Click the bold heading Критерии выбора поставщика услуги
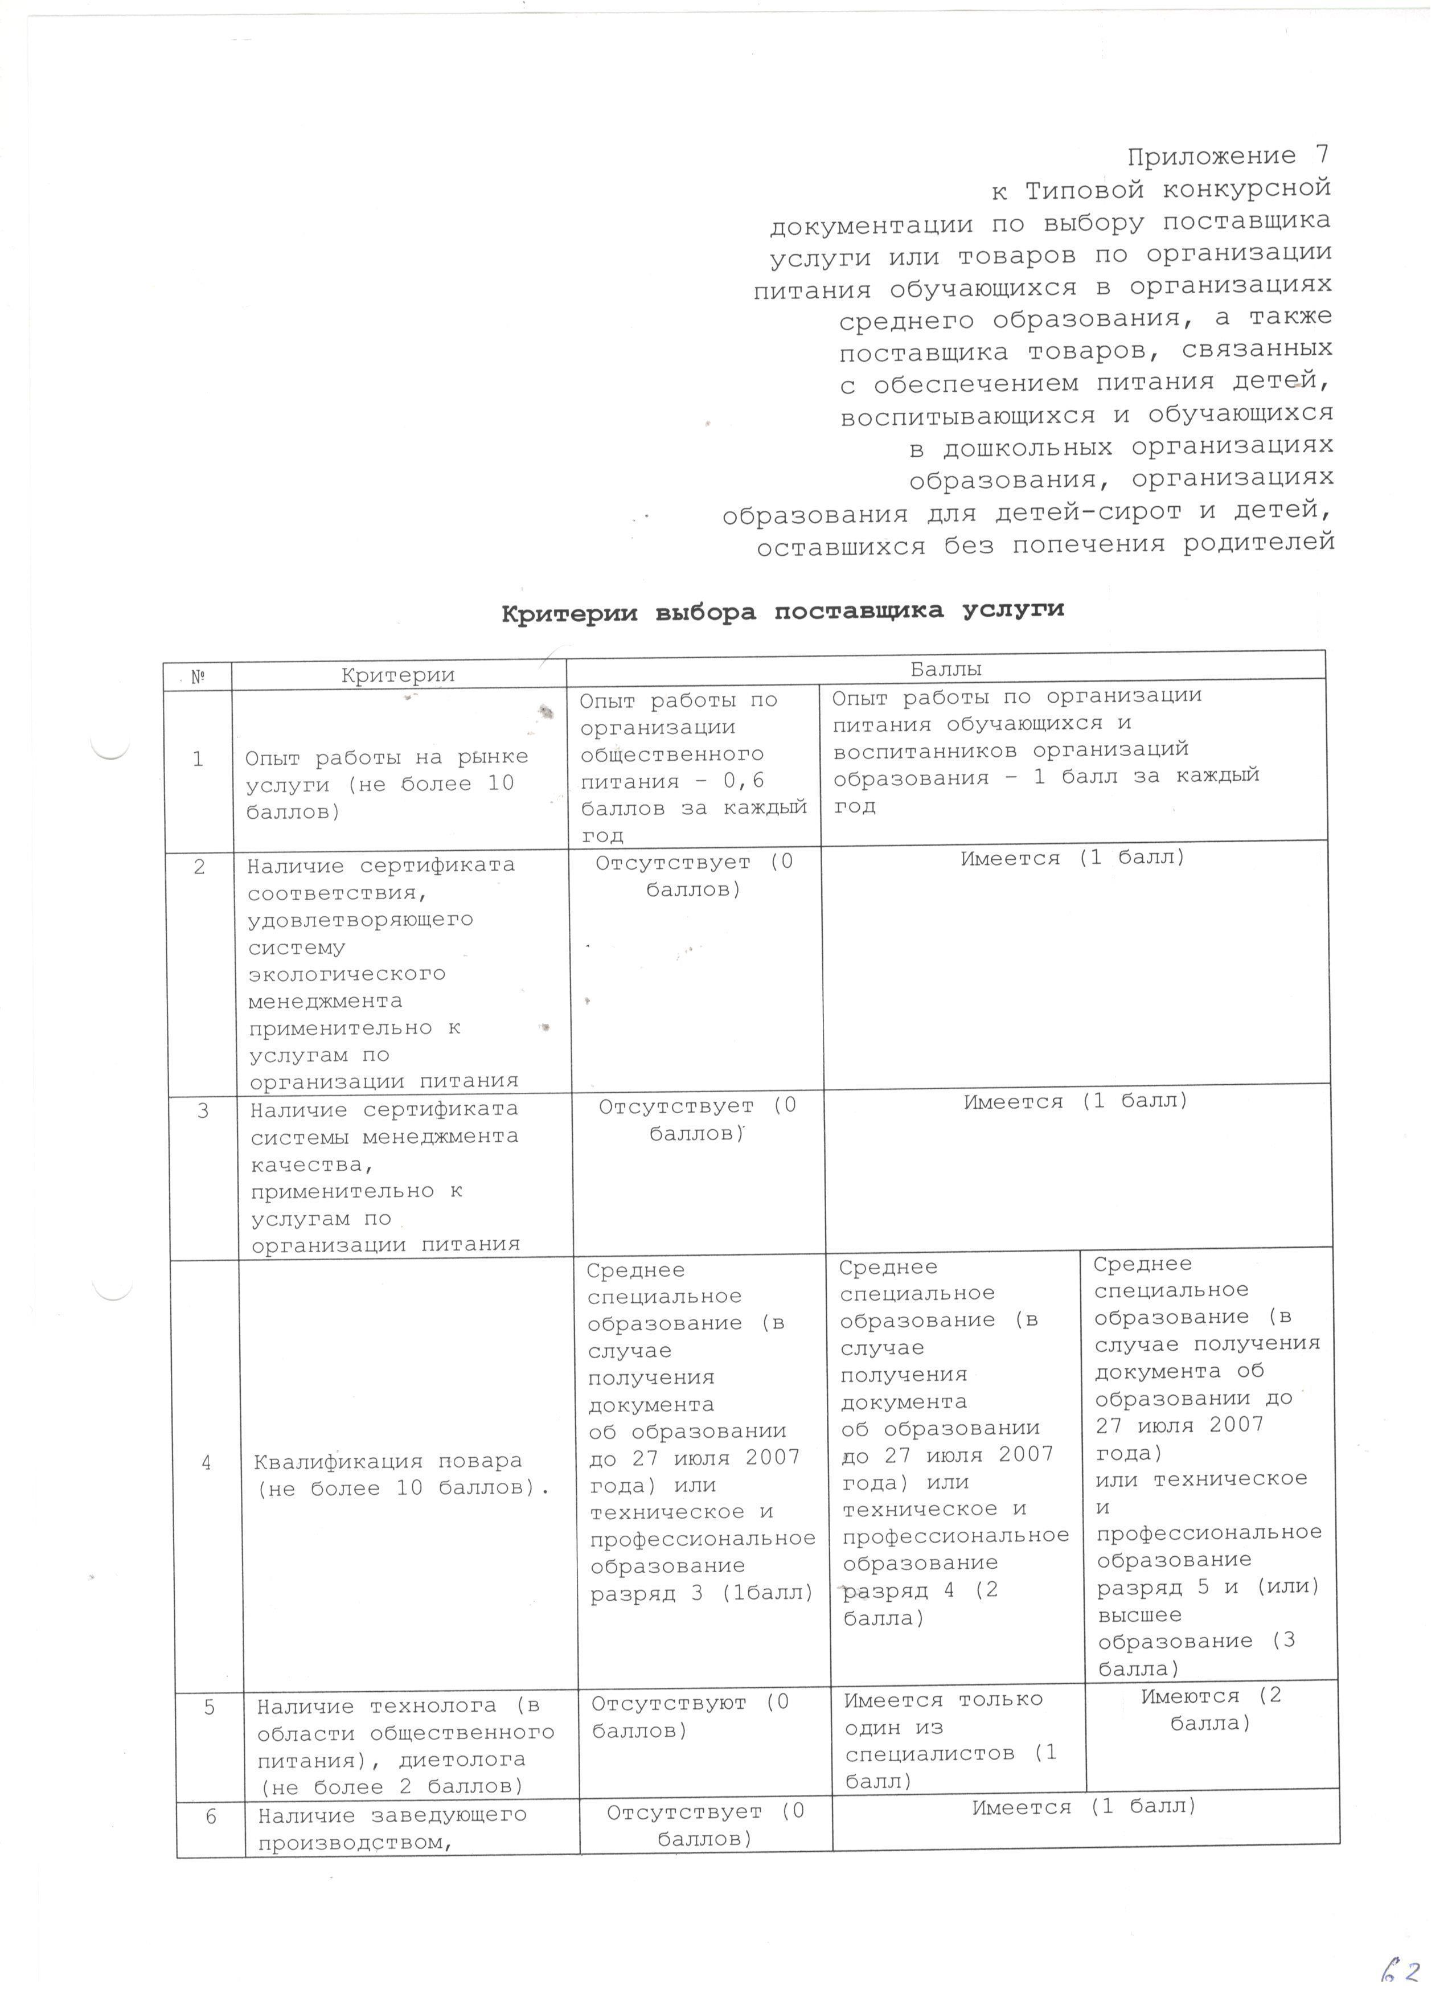[x=783, y=611]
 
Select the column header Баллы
[x=946, y=669]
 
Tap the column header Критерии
[x=398, y=675]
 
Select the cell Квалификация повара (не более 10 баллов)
[x=401, y=1475]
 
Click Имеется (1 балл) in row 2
[x=1073, y=858]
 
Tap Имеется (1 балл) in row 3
[x=1076, y=1101]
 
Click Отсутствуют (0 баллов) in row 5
[x=690, y=1717]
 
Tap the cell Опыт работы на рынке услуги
[x=387, y=784]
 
